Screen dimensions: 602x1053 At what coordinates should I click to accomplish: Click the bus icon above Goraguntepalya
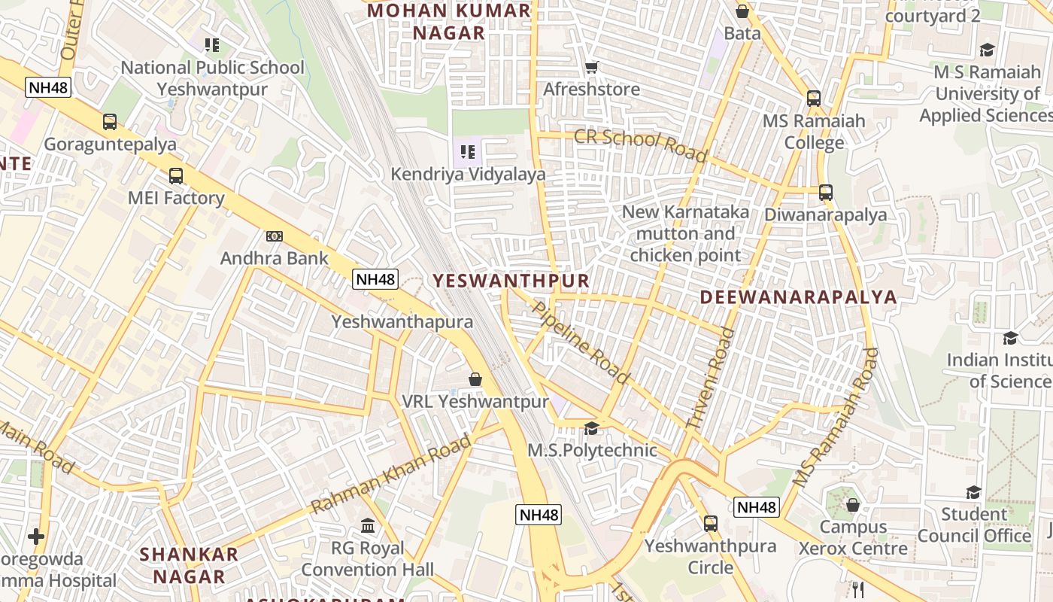point(110,122)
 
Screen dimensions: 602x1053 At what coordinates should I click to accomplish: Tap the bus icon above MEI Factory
point(176,176)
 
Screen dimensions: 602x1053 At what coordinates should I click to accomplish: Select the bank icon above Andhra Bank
point(274,236)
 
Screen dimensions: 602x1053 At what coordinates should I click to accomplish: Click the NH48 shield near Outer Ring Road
point(48,87)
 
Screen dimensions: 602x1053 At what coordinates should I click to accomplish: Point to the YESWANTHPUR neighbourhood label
point(511,281)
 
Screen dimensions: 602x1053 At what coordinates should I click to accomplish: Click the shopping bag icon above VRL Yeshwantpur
point(475,379)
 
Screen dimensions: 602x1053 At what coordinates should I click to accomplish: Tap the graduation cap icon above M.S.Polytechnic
point(592,428)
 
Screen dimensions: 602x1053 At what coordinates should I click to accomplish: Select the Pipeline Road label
point(580,342)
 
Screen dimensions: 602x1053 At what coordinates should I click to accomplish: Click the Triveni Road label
point(710,379)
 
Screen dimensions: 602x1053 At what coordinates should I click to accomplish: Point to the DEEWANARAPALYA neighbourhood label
point(798,296)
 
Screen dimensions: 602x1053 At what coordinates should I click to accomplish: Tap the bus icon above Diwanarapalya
point(826,193)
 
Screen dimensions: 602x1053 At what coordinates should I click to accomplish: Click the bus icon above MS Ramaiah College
point(814,99)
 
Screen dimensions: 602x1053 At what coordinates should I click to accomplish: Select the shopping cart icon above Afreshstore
point(592,68)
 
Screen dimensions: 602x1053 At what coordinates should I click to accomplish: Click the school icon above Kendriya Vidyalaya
point(468,153)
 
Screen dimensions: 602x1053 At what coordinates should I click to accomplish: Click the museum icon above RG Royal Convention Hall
point(368,525)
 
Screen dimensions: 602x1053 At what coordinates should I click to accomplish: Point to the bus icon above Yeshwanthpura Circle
point(711,523)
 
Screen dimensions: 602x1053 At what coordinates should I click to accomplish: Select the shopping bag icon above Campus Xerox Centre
point(853,505)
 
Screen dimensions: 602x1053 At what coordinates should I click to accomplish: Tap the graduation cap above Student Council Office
point(974,493)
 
